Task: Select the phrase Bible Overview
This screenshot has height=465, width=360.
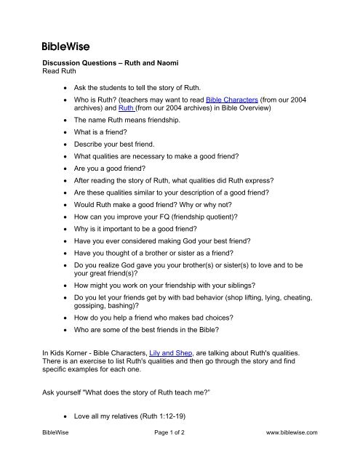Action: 239,110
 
